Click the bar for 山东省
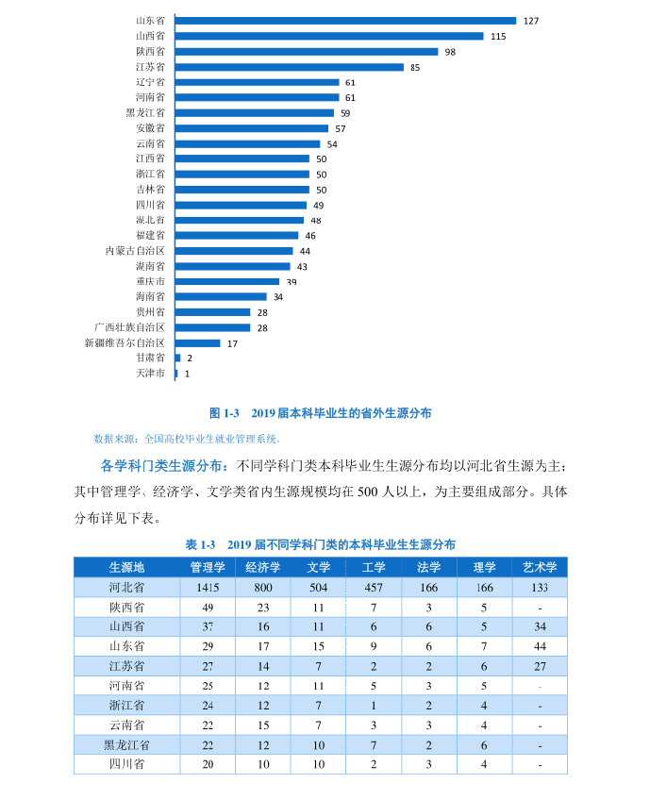point(345,21)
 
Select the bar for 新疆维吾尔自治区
point(197,343)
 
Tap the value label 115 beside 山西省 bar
point(498,36)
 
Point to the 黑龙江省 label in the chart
point(145,112)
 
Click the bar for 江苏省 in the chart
point(290,67)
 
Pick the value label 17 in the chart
point(232,343)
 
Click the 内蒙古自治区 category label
point(135,251)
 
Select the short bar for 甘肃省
point(177,358)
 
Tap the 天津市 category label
point(150,374)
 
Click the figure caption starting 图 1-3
point(320,413)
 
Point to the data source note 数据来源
point(187,439)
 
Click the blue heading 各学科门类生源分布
point(163,466)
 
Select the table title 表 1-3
point(320,545)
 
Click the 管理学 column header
point(208,567)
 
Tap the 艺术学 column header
point(540,567)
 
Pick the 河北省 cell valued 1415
point(208,587)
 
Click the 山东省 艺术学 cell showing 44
point(540,646)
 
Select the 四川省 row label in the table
point(126,763)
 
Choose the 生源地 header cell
point(126,567)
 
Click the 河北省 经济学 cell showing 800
point(263,587)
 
